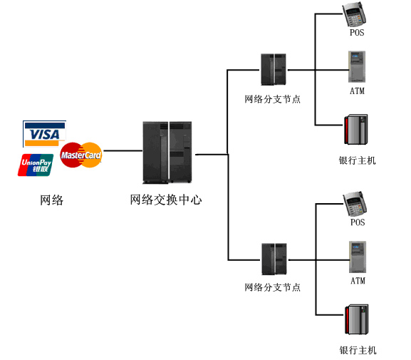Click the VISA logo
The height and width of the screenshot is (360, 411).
click(x=44, y=134)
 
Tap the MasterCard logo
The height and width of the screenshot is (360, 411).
click(x=81, y=155)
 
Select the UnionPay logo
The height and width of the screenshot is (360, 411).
click(x=36, y=165)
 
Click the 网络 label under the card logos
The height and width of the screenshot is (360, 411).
click(x=51, y=200)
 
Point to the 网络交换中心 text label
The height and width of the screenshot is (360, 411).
click(x=166, y=200)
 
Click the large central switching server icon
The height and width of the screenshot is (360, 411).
click(x=167, y=152)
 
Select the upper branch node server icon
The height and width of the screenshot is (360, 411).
click(x=274, y=70)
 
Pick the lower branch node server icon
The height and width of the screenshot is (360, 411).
click(x=274, y=259)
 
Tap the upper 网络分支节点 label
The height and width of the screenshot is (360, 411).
click(x=272, y=99)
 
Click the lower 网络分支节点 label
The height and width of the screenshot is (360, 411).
click(x=272, y=287)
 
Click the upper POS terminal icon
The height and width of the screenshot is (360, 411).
click(x=355, y=14)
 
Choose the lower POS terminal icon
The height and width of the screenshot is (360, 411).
click(x=355, y=204)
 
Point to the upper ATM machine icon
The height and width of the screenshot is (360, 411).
click(x=357, y=66)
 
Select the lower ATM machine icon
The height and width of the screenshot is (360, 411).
click(x=358, y=257)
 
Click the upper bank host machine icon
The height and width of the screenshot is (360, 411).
click(x=356, y=129)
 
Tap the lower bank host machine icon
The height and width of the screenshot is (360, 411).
click(x=357, y=319)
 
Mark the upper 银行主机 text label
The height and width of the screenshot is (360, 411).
click(x=357, y=160)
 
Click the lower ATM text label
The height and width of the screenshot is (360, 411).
click(x=358, y=281)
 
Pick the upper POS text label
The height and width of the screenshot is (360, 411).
click(x=357, y=33)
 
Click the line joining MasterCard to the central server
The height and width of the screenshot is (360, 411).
click(x=123, y=151)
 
